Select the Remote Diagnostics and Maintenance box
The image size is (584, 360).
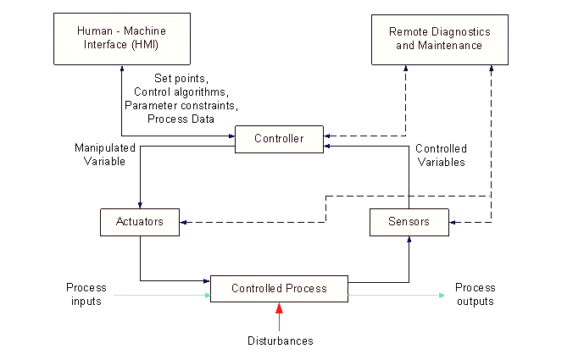coord(440,38)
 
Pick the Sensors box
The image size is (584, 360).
coord(409,222)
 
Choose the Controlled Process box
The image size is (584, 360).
coord(279,289)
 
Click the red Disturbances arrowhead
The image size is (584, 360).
coord(279,308)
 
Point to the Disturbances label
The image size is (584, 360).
coord(279,341)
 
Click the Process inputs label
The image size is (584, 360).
coord(86,295)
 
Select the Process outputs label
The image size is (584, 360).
coord(474,295)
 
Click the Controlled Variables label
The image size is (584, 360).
coord(439,155)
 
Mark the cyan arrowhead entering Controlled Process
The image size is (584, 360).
coord(206,296)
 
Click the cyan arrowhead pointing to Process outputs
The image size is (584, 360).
coord(441,296)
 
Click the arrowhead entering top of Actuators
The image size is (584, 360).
coord(139,204)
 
